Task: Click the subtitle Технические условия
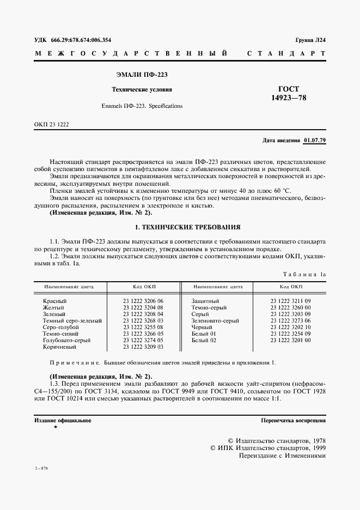(142, 89)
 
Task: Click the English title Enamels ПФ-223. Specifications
(142, 106)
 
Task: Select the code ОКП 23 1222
(51, 124)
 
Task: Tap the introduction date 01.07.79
(314, 141)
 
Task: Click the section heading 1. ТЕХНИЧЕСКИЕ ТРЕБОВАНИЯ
(180, 226)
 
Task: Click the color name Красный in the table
(54, 301)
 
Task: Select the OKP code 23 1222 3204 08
(143, 307)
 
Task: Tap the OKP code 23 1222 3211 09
(290, 301)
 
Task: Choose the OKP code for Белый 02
(290, 340)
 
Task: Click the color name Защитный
(205, 301)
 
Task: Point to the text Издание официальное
(63, 421)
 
